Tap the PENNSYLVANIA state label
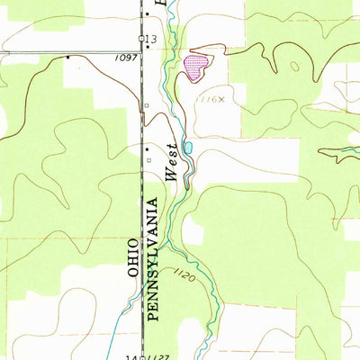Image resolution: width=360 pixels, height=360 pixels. click(x=151, y=261)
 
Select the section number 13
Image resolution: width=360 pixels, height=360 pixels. click(x=151, y=39)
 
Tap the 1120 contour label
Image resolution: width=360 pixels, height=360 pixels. click(x=183, y=271)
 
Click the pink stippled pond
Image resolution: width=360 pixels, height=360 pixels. click(x=195, y=66)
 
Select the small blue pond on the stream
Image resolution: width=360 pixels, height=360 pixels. click(x=187, y=147)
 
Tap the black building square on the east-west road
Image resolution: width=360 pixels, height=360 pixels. click(x=67, y=58)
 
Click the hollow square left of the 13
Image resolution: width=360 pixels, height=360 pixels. click(x=141, y=38)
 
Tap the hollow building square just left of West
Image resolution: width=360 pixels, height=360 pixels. click(x=149, y=161)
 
